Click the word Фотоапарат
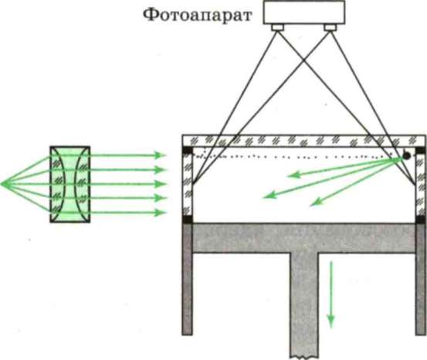tap(197, 16)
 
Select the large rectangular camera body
tap(304, 12)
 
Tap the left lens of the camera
tap(278, 27)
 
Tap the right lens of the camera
tap(330, 27)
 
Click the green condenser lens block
tap(70, 185)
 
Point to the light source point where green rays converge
tap(2, 184)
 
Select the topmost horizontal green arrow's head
tap(160, 155)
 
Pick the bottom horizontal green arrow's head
tap(160, 212)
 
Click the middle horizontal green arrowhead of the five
tap(160, 184)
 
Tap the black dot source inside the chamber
tap(406, 155)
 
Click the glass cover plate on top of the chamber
tap(303, 141)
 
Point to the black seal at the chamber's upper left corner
tap(188, 150)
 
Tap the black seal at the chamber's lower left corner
tap(188, 219)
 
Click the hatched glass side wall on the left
tap(188, 185)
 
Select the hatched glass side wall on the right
tap(420, 185)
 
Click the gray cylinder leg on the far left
tap(188, 279)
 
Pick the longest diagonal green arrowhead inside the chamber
tap(269, 195)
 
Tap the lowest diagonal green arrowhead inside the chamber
tap(316, 202)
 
